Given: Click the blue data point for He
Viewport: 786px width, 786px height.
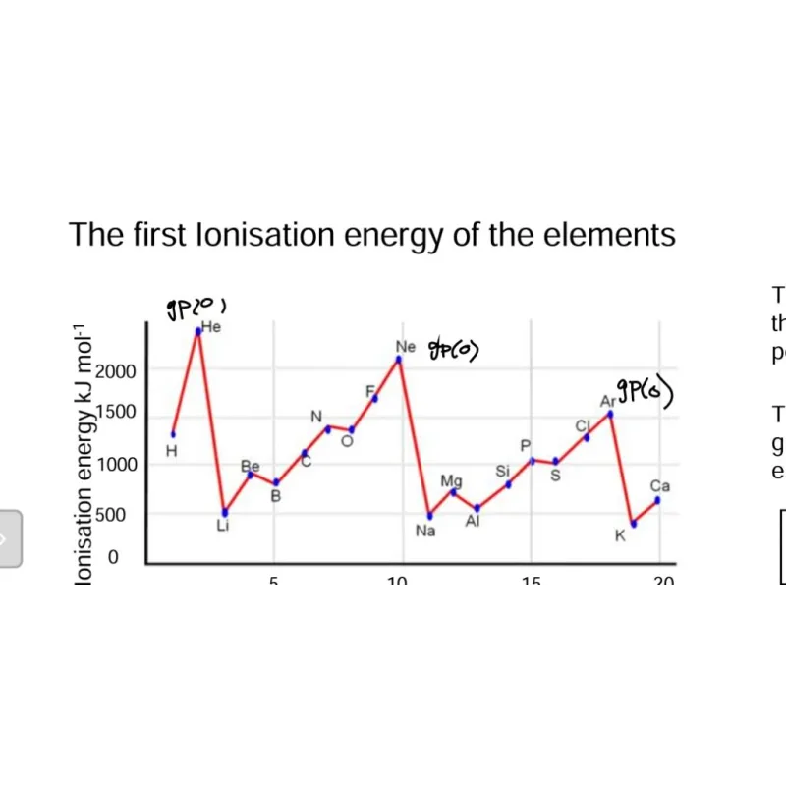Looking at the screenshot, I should (198, 331).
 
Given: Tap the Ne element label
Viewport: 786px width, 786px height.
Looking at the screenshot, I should (406, 347).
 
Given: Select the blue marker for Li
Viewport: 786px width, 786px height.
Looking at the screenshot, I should (225, 512).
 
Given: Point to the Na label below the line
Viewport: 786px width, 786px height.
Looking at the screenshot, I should (425, 532).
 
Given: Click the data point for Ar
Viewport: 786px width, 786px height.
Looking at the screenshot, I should (610, 414).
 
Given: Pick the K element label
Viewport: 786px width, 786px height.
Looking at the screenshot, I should (620, 535).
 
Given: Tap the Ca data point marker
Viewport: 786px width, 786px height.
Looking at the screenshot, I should (657, 500).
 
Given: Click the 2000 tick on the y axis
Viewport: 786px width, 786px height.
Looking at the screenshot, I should (116, 371).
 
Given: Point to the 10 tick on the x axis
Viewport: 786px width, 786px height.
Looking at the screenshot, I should (397, 583).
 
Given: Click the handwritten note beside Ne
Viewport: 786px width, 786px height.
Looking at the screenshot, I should (453, 349).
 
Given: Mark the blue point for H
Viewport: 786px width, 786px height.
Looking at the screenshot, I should (173, 433).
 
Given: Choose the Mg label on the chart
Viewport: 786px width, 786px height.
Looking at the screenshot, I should (451, 480).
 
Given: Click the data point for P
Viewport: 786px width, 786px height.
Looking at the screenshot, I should (533, 460).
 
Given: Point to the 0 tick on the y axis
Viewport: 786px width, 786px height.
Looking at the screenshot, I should (113, 557).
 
